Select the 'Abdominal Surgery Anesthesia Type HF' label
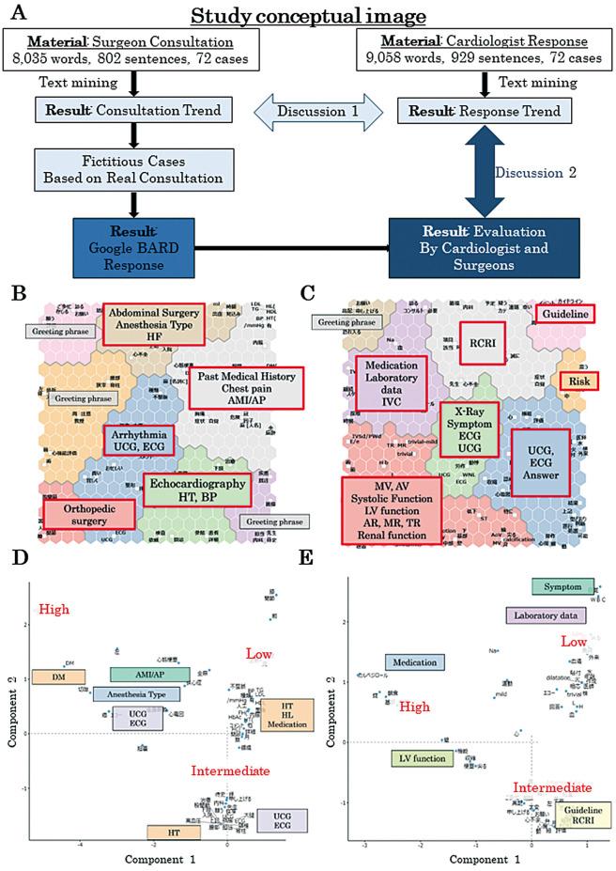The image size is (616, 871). (152, 322)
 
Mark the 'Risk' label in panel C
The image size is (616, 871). (580, 381)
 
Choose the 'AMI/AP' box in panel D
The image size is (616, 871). (149, 675)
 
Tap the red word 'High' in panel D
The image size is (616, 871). (54, 610)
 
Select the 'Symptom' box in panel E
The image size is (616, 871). (562, 586)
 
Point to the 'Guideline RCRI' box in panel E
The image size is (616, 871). (583, 821)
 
